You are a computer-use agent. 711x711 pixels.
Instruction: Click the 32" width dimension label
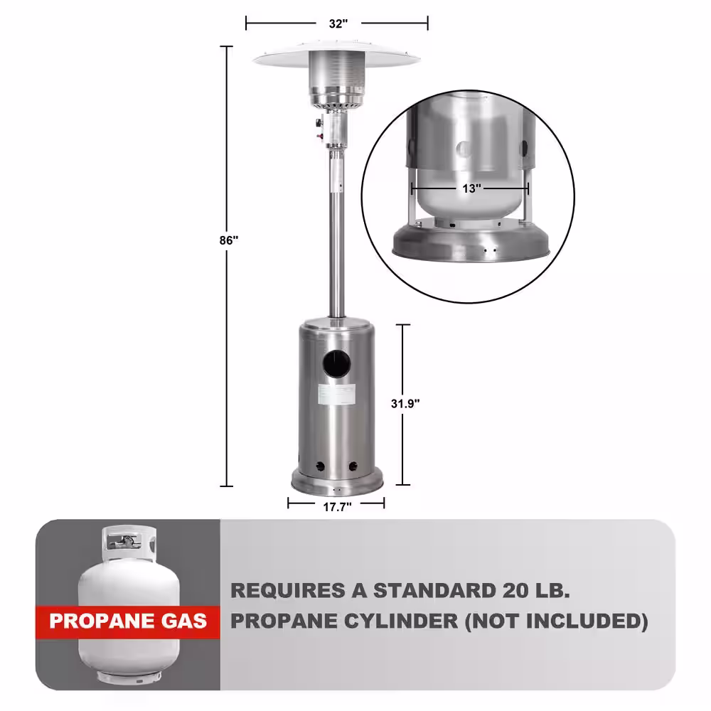(x=338, y=23)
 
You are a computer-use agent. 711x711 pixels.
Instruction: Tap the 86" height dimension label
(x=228, y=240)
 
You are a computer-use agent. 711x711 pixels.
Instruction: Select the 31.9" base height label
(x=405, y=404)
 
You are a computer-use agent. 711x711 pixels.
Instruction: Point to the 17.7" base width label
(x=337, y=507)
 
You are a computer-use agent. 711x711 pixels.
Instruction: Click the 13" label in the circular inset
(x=471, y=188)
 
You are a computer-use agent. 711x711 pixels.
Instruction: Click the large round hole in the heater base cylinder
(x=337, y=363)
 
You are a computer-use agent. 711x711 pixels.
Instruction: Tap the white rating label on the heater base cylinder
(x=336, y=394)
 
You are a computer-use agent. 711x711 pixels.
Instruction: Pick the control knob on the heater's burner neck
(x=319, y=123)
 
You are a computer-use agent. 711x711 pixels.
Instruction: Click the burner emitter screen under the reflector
(x=336, y=77)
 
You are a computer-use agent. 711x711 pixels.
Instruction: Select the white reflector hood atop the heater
(x=336, y=55)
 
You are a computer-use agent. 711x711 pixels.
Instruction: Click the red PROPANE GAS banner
(x=128, y=621)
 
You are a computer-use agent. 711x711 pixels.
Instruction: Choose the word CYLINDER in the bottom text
(x=401, y=621)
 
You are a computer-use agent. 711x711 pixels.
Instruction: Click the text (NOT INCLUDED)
(x=557, y=621)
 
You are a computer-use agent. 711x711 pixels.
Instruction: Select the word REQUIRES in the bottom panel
(x=288, y=590)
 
